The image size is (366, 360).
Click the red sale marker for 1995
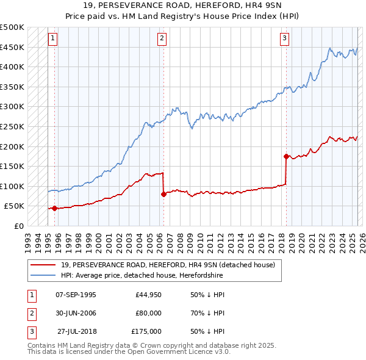tap(54, 208)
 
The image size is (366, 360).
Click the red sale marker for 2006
tap(163, 195)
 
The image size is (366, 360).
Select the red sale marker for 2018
tap(286, 157)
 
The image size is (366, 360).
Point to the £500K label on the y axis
tap(12, 27)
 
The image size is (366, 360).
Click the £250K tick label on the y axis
tap(12, 127)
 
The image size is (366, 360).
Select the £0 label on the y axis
tap(20, 226)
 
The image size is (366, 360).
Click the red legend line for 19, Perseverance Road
tap(43, 265)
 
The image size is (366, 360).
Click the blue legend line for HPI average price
tap(43, 276)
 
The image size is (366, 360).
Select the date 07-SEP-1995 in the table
tap(76, 295)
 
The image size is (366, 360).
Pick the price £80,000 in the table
tap(149, 313)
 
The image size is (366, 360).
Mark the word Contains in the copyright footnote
tap(42, 345)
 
